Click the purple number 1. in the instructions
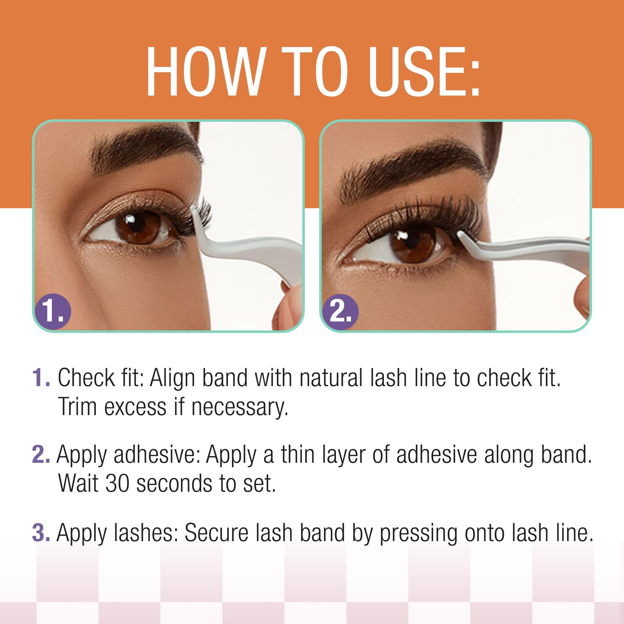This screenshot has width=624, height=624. (41, 378)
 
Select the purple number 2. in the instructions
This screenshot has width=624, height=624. (41, 455)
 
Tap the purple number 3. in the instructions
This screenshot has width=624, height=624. (41, 532)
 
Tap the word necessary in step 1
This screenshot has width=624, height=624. (239, 408)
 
